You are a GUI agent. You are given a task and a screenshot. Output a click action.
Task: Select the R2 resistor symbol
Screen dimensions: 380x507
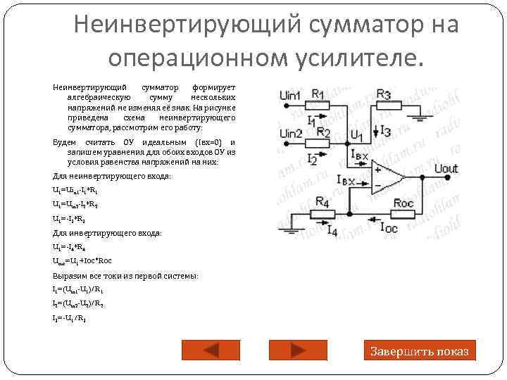(x=322, y=143)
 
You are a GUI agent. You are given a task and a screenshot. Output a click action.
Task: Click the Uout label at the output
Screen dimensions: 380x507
(x=446, y=168)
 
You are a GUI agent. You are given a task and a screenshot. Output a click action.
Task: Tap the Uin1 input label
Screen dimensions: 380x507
(x=289, y=96)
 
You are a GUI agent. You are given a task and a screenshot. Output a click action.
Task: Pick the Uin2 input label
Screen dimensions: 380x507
(x=289, y=133)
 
